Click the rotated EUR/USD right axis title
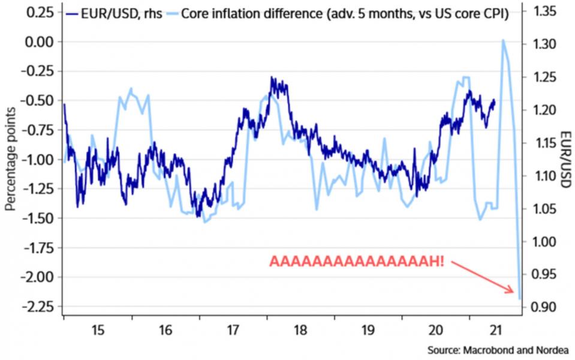[564, 159]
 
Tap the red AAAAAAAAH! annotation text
[357, 262]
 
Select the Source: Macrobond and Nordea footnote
[498, 350]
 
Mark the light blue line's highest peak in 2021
[502, 40]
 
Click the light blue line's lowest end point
[520, 298]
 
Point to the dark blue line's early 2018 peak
[272, 78]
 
